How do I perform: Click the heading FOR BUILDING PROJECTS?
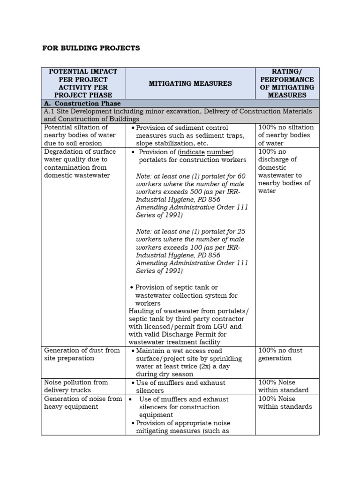(91, 48)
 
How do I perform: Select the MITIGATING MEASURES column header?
(190, 83)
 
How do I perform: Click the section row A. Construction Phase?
(82, 103)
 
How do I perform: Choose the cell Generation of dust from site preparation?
(82, 354)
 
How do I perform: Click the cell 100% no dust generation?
(280, 354)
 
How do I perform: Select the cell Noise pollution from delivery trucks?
(76, 386)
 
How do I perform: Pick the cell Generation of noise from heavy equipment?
(82, 403)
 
